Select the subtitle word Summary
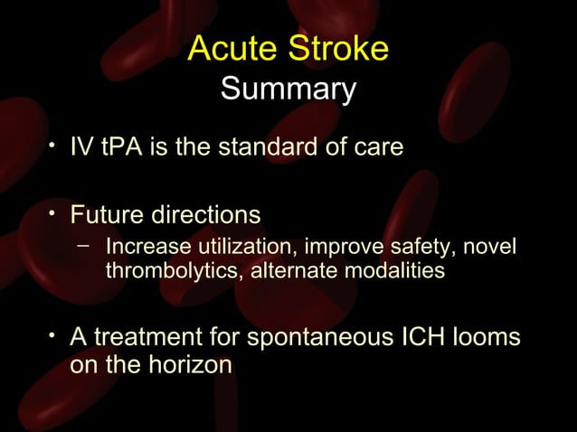tap(288, 90)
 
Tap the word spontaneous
tap(316, 337)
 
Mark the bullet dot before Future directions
tap(54, 212)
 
